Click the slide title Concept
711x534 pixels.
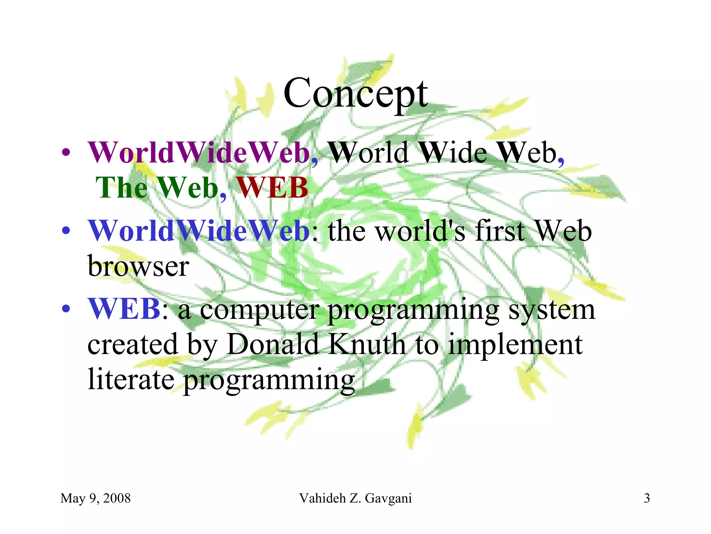pyautogui.click(x=355, y=93)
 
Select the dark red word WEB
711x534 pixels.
pyautogui.click(x=273, y=188)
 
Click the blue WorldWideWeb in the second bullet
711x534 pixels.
pyautogui.click(x=199, y=231)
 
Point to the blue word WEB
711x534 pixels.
pyautogui.click(x=124, y=309)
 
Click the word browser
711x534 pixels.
pyautogui.click(x=138, y=266)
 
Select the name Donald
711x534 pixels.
pyautogui.click(x=273, y=344)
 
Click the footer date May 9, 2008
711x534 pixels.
pyautogui.click(x=95, y=498)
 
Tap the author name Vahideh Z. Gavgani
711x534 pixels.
pyautogui.click(x=355, y=498)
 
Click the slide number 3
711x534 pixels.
pyautogui.click(x=647, y=498)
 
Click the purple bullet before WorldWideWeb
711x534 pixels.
pyautogui.click(x=66, y=153)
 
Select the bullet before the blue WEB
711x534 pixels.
pyautogui.click(x=66, y=309)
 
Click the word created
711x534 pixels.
pyautogui.click(x=133, y=344)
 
